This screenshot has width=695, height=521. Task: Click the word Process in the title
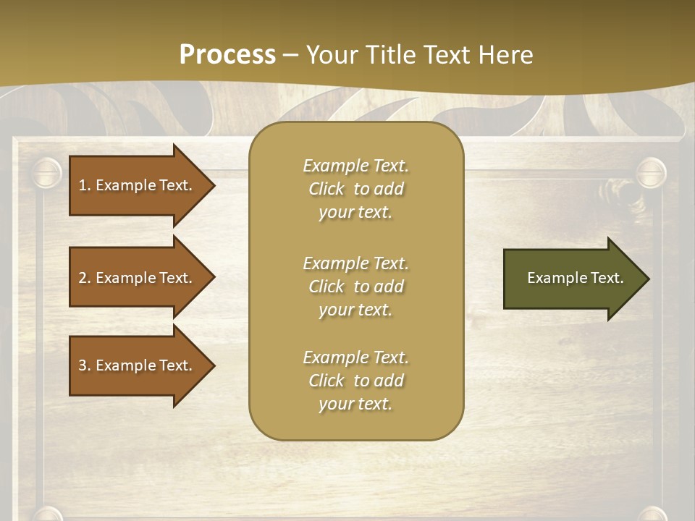tap(227, 55)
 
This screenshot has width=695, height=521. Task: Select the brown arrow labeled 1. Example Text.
tap(138, 185)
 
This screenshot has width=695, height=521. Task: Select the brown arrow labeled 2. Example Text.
tap(138, 278)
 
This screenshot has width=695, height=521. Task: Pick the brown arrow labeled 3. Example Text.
tap(138, 365)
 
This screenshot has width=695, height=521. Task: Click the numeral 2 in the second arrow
tap(82, 278)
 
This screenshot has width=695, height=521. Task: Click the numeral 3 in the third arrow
tap(82, 365)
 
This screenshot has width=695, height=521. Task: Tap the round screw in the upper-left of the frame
tap(47, 173)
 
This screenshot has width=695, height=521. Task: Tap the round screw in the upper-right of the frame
tap(650, 173)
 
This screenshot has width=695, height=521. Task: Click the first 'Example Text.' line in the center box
tap(355, 166)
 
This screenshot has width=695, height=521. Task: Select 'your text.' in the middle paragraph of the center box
tap(355, 310)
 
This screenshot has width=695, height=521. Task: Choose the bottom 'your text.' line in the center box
tap(355, 404)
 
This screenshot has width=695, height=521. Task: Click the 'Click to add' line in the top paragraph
tap(355, 189)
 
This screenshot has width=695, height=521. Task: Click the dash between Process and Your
tap(290, 55)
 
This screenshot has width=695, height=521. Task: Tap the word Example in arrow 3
tap(126, 365)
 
